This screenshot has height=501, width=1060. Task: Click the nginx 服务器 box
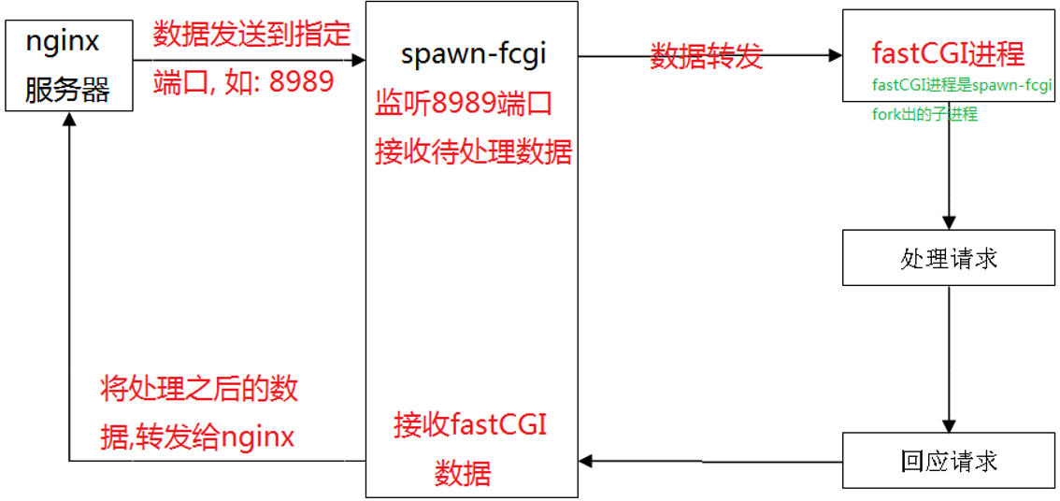pos(68,65)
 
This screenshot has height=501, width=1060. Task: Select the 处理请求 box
pos(950,258)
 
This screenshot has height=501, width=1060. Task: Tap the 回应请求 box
pos(950,460)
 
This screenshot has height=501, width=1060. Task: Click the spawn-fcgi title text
pos(473,54)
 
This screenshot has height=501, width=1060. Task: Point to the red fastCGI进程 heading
pos(948,52)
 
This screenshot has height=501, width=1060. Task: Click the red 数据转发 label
pos(707,56)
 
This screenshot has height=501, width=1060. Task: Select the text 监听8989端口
pos(464,103)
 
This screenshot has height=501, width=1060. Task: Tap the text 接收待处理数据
pos(473,151)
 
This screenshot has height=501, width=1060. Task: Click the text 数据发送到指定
pos(251,35)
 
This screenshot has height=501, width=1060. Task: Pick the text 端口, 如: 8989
pos(244,81)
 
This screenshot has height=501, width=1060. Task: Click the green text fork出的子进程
pos(924,115)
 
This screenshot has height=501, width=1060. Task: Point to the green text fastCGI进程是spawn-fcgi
pos(962,86)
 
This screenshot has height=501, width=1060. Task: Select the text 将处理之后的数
pos(199,389)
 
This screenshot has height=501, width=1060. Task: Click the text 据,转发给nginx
pos(197,436)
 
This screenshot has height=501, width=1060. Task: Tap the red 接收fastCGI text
pos(470,424)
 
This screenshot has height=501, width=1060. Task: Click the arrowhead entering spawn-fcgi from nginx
pos(358,61)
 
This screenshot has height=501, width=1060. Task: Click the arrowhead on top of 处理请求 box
pos(950,223)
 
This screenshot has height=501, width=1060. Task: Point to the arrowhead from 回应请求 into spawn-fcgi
pos(585,461)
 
